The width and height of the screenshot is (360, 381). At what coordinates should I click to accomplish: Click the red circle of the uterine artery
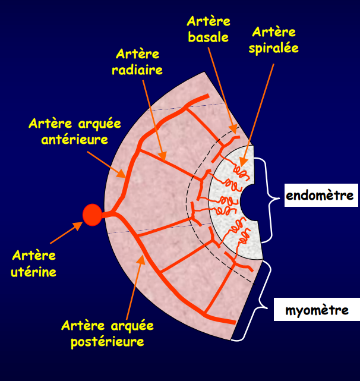pyautogui.click(x=92, y=215)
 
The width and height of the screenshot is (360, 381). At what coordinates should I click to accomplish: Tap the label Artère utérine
pyautogui.click(x=34, y=264)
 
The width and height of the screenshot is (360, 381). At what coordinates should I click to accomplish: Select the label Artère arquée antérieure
pyautogui.click(x=74, y=132)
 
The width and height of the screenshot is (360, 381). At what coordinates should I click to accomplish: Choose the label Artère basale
pyautogui.click(x=208, y=29)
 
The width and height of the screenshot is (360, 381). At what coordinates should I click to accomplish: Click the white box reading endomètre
pyautogui.click(x=321, y=196)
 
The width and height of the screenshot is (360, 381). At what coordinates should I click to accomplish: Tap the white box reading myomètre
pyautogui.click(x=317, y=310)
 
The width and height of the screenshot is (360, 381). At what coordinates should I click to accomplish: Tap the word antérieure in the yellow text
pyautogui.click(x=74, y=140)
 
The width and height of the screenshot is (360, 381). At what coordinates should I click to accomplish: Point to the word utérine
pyautogui.click(x=34, y=272)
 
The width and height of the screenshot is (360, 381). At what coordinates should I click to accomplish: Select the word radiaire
pyautogui.click(x=138, y=70)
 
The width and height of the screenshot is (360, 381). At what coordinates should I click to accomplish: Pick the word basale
pyautogui.click(x=208, y=37)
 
